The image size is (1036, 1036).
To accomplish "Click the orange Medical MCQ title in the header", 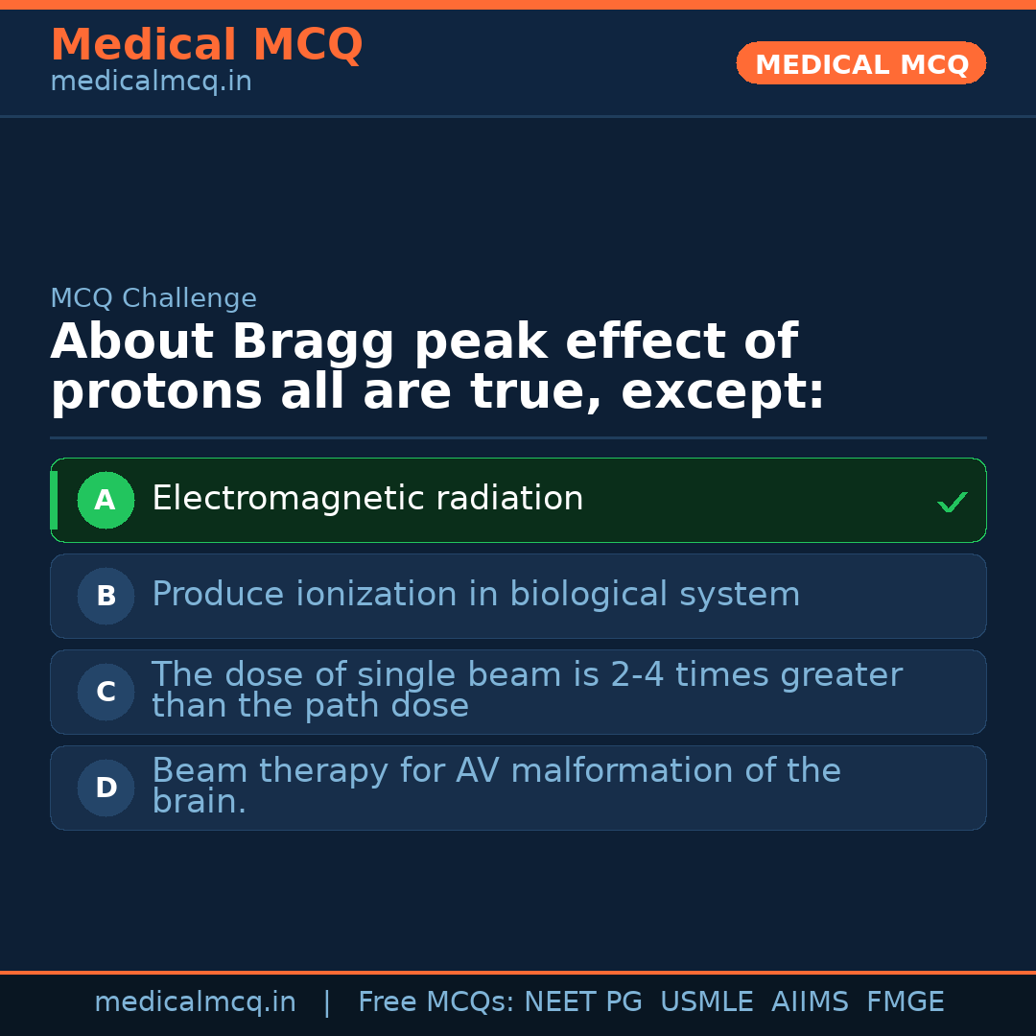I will pos(206,45).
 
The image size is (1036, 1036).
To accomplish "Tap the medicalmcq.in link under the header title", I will pos(151,82).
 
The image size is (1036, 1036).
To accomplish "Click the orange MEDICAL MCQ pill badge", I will pos(861,64).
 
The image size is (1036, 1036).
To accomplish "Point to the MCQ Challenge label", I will pos(153,298).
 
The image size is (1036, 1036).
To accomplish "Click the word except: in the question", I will pos(722,392).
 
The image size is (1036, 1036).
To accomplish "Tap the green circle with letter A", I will pos(106,500).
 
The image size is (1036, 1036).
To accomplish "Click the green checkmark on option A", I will pos(952,502).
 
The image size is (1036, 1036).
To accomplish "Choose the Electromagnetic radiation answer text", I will pos(367,499).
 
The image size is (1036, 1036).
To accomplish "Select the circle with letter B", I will pos(106,596).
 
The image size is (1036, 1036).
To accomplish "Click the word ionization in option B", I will pos(377,595).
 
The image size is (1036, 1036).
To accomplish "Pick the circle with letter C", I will pos(106,692).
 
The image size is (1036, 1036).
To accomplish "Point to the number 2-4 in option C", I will pos(638,675).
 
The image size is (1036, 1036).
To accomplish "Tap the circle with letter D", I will pos(106,788).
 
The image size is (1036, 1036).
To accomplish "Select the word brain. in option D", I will pos(199,802).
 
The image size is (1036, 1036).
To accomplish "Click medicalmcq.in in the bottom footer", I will pos(195,1002).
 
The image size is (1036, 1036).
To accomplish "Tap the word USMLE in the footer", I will pos(706,1002).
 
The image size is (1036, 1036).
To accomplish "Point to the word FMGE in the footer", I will pos(905,1002).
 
